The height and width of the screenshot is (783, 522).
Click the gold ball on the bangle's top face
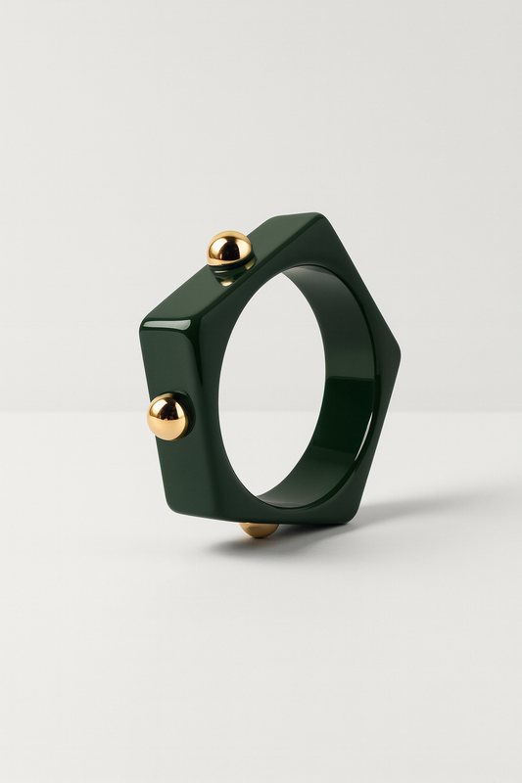coord(229,249)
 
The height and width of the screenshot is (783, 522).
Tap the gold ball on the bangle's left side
coord(167,416)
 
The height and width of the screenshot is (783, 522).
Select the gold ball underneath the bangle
coord(259,530)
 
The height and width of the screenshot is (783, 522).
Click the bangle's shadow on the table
coord(411,510)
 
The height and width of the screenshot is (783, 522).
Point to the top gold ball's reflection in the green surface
coord(231,274)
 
